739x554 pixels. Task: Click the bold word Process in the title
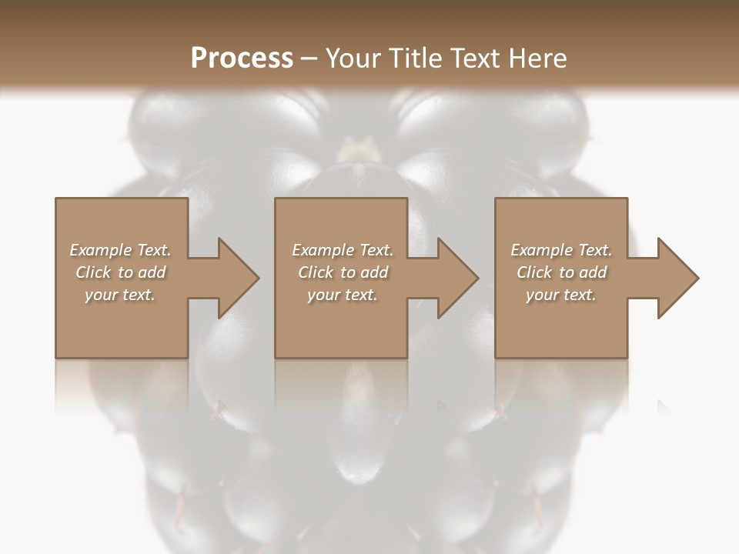242,58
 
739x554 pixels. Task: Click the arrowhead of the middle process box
457,278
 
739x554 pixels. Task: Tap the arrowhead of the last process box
677,278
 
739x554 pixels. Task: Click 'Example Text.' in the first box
120,250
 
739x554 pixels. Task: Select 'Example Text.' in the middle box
343,250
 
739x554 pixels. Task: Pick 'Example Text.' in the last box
561,250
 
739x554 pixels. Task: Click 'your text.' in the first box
120,295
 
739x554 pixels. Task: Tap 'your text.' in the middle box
343,295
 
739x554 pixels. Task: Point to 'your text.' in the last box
561,295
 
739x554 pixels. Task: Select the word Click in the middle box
316,272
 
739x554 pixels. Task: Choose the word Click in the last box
534,272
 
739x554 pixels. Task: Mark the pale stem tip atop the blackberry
355,146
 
